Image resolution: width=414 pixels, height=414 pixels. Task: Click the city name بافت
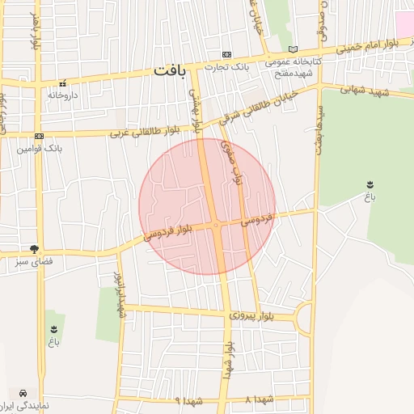pos(169,72)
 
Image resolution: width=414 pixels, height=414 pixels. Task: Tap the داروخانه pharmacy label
pos(62,95)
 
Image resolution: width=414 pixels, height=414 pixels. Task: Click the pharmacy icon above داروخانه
pos(62,83)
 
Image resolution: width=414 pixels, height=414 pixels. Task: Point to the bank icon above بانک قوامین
pos(39,137)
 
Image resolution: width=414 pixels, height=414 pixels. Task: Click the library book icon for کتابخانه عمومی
pos(293,49)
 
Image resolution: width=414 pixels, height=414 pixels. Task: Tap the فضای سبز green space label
pos(35,262)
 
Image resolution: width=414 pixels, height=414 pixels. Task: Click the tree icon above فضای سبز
pos(34,249)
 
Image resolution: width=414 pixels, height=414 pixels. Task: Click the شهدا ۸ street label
pos(261,399)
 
